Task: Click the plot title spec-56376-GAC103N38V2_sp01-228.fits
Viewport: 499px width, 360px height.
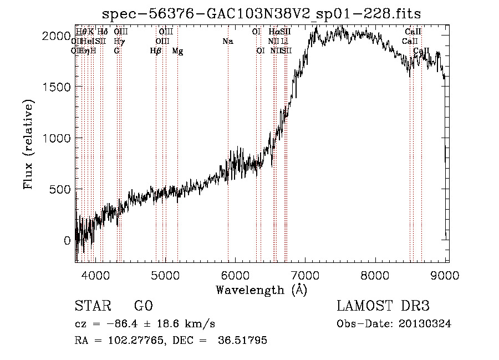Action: click(262, 14)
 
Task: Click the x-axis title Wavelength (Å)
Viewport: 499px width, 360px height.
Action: click(261, 290)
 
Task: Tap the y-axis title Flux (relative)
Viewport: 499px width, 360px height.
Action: click(28, 144)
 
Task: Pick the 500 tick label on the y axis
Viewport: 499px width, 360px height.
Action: click(59, 189)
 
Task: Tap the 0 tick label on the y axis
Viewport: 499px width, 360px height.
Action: click(68, 241)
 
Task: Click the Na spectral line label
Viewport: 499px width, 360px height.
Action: click(227, 41)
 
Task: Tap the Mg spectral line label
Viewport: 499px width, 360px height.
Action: click(177, 51)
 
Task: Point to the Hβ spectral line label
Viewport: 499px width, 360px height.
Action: click(155, 51)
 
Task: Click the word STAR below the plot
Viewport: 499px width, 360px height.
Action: click(91, 306)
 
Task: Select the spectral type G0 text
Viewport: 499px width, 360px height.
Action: click(143, 306)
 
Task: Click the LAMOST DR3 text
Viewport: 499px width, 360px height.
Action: click(383, 306)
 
